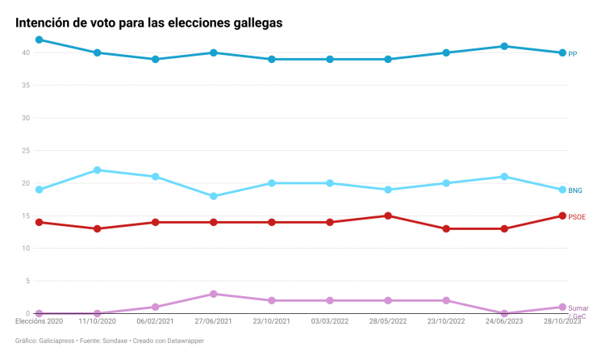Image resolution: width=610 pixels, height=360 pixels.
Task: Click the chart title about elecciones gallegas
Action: (x=149, y=23)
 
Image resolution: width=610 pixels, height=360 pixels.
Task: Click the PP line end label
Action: (x=572, y=53)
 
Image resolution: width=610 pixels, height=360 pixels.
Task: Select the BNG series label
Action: (x=575, y=190)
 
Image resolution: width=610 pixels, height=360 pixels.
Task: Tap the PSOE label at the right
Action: (x=577, y=216)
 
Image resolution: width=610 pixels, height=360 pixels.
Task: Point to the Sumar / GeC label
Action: (x=578, y=312)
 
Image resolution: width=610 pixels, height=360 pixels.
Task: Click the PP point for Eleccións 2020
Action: (x=39, y=40)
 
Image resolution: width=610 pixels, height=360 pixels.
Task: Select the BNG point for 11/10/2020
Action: (x=97, y=170)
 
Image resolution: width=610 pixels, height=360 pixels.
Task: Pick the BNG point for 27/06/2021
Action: (x=213, y=196)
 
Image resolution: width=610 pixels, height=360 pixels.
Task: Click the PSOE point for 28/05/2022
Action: (x=388, y=216)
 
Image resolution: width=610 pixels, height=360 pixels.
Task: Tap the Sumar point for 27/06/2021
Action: (x=213, y=294)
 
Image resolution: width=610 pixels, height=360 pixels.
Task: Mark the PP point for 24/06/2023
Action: (x=504, y=46)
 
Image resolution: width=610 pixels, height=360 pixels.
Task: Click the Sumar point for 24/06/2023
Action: (x=504, y=313)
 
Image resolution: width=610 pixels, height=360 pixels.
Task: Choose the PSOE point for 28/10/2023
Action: (x=562, y=216)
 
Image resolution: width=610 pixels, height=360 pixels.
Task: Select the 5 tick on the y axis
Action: (x=27, y=281)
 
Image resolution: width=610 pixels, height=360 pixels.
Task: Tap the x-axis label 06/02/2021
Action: (x=155, y=321)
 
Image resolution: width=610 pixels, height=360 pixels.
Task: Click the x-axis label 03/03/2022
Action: (x=330, y=321)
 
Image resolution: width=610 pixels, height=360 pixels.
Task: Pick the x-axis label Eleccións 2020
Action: (x=39, y=321)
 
